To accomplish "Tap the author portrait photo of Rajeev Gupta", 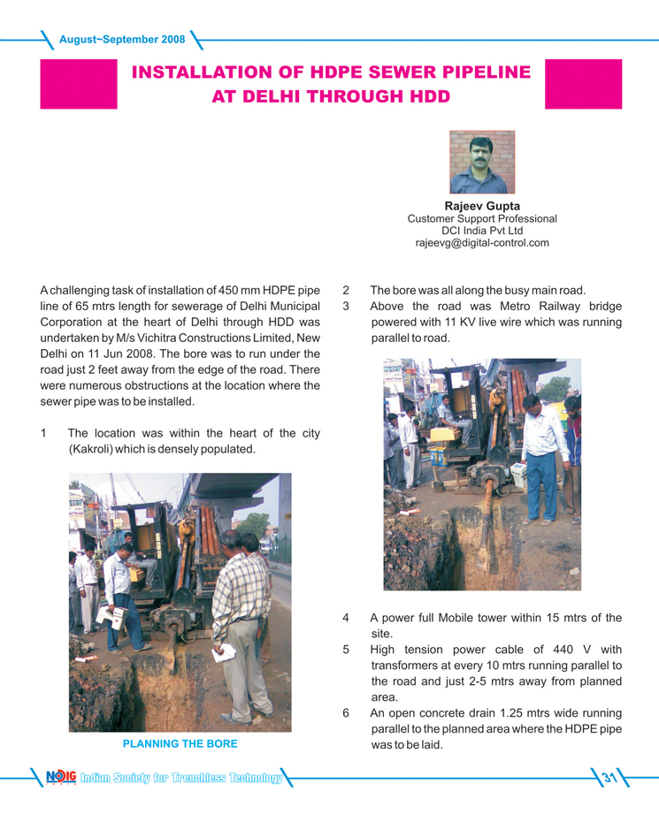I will [x=481, y=163].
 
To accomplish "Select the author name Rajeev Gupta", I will [x=481, y=207].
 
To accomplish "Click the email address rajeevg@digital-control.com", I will [x=481, y=242].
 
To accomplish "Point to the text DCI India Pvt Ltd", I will [x=481, y=231].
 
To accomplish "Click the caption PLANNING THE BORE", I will [x=180, y=744].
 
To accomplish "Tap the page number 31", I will [x=609, y=779].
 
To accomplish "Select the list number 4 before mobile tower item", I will [x=346, y=618].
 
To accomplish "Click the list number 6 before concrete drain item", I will [x=346, y=713].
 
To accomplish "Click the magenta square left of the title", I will [x=78, y=84].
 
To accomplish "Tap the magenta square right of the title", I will [x=584, y=84].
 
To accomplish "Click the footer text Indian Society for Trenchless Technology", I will [x=180, y=779].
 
